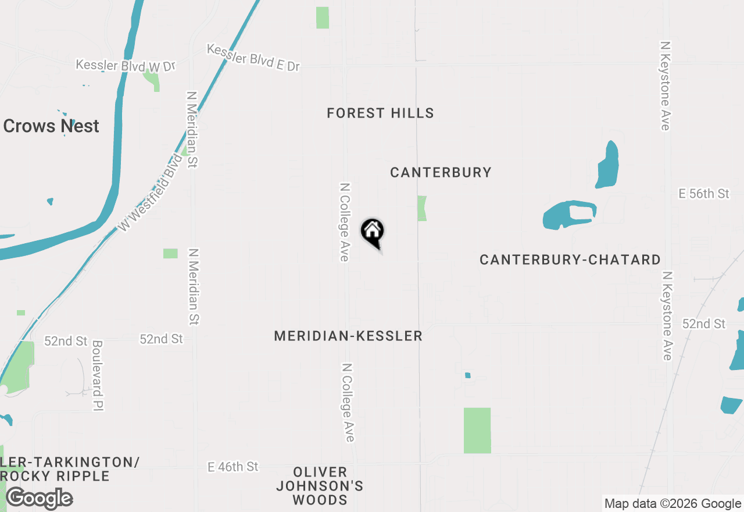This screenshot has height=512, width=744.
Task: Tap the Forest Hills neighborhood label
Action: [380, 113]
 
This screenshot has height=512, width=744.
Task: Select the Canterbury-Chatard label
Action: [570, 259]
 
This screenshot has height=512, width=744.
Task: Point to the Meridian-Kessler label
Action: [348, 336]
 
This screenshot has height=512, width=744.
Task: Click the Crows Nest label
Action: [51, 126]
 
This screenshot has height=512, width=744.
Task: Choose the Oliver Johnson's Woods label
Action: [320, 486]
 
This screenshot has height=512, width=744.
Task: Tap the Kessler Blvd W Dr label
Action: [126, 65]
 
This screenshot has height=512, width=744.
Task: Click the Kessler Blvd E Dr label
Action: [253, 58]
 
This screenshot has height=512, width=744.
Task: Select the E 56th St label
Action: [704, 194]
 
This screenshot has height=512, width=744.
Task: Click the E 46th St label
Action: [233, 467]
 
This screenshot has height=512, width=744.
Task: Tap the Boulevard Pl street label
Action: [97, 376]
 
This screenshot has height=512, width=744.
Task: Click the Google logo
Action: [39, 499]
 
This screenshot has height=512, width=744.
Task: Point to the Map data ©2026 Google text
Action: [673, 504]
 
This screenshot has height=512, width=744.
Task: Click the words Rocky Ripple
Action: [55, 476]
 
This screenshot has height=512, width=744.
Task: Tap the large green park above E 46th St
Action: [477, 431]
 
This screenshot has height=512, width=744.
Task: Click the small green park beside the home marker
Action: [421, 208]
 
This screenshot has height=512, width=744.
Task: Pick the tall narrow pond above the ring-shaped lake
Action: [607, 164]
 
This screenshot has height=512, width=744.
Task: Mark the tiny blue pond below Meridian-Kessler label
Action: [467, 375]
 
